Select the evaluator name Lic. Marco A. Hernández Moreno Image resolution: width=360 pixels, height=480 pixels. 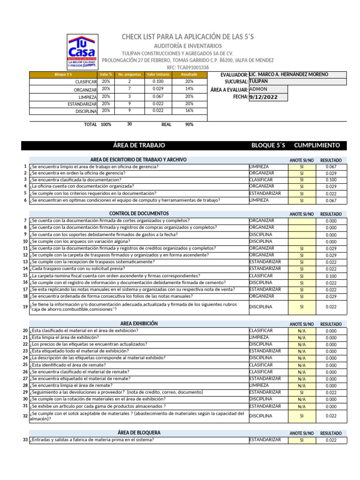(x=289, y=75)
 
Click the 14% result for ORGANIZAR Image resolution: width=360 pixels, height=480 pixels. (x=189, y=89)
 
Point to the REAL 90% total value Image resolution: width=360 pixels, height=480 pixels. (x=189, y=125)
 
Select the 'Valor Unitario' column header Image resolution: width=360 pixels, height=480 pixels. (x=157, y=75)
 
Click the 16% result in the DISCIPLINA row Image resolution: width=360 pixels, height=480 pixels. (x=189, y=111)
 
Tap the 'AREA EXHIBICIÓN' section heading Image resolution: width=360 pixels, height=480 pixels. (x=139, y=324)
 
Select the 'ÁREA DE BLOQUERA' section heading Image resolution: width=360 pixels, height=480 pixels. (x=139, y=433)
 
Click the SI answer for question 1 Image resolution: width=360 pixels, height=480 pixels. (x=301, y=167)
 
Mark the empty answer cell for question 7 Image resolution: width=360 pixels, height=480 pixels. (x=301, y=221)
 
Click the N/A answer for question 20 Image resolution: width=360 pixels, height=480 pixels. (x=301, y=331)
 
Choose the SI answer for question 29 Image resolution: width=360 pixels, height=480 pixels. (x=301, y=393)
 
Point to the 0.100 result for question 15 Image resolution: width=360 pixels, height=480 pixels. (x=331, y=277)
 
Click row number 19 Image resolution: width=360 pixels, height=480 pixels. (x=25, y=307)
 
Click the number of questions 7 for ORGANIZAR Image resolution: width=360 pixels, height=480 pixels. (x=129, y=89)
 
